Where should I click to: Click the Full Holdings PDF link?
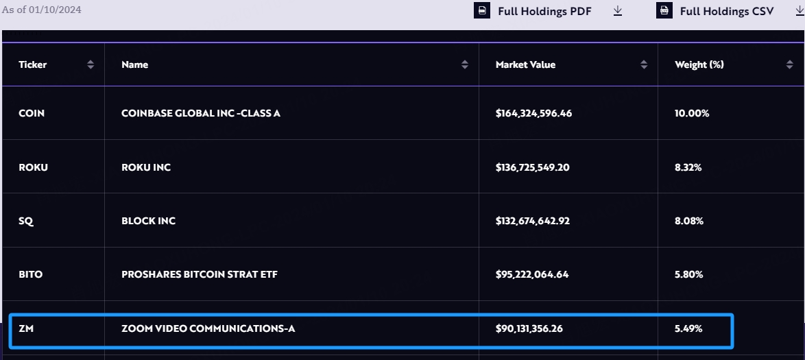(544, 11)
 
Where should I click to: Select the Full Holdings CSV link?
(726, 11)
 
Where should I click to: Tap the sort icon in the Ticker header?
(91, 64)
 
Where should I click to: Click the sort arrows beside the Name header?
(465, 64)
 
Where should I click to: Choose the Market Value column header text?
(525, 64)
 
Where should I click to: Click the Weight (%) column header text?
(699, 64)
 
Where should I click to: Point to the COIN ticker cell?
(32, 113)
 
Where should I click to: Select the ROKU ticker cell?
(33, 167)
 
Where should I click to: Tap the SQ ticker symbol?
(26, 221)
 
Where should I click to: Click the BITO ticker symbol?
(30, 274)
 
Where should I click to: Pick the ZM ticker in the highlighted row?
(26, 328)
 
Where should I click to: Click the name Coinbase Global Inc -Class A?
(200, 113)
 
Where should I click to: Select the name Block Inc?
(148, 221)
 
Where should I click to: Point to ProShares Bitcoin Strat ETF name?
(199, 274)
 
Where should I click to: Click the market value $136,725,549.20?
(533, 167)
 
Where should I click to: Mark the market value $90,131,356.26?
(529, 328)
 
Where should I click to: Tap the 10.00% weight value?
(692, 113)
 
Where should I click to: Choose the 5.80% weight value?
(688, 274)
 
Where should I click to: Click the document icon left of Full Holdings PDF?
(483, 11)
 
